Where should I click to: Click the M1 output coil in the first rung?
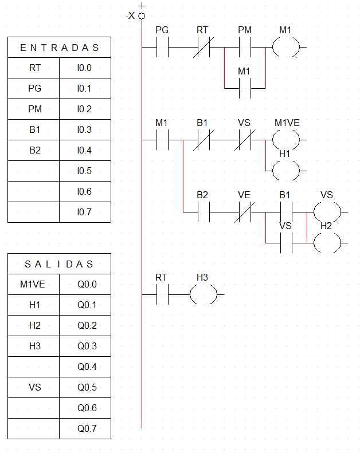[285, 48]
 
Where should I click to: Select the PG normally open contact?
[162, 48]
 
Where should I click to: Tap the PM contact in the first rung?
[245, 48]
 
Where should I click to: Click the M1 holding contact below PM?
[245, 88]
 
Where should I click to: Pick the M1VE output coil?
[285, 139]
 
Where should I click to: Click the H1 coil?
[285, 170]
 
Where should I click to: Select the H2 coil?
[327, 243]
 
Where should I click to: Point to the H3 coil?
[203, 294]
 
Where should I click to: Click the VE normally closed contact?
[245, 212]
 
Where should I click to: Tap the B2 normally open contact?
[203, 212]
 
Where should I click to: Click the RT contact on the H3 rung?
[162, 294]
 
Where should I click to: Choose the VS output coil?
[327, 212]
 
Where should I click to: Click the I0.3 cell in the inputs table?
[84, 130]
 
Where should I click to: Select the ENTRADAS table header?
[59, 48]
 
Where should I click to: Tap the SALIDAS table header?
[59, 264]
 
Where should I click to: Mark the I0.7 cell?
[84, 212]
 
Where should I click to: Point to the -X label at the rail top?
[130, 16]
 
